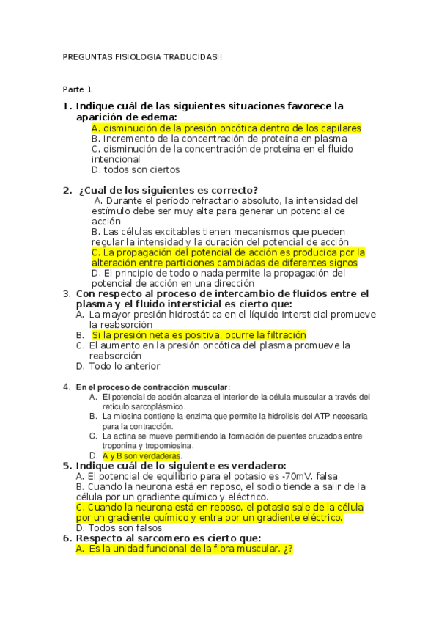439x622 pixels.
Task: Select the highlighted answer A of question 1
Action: pos(226,128)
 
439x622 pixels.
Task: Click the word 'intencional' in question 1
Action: pos(116,158)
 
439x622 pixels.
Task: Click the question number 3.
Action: pos(66,293)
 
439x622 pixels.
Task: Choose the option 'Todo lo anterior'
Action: pos(125,366)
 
